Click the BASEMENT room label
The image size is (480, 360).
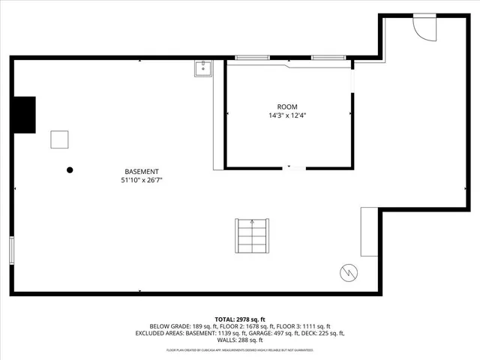[142, 171]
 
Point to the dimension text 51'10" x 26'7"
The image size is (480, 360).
[142, 180]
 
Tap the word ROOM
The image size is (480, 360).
[287, 106]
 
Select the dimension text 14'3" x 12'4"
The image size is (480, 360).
[287, 115]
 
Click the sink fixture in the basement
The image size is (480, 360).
[202, 69]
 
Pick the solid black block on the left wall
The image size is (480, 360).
[23, 115]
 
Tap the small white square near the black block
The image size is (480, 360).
[60, 139]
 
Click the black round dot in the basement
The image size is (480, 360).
[70, 170]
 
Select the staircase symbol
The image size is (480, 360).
[252, 237]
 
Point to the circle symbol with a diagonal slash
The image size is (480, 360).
[349, 273]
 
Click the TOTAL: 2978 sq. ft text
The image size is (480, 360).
[240, 319]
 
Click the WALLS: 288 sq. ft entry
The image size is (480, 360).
[240, 340]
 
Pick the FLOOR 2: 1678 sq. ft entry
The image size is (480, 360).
[241, 326]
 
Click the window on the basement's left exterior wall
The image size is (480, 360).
[11, 250]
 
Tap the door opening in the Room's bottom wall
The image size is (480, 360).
[294, 168]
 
